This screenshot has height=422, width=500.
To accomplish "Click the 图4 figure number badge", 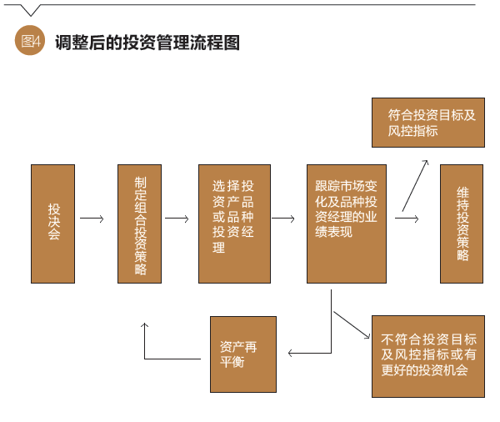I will tap(29, 42).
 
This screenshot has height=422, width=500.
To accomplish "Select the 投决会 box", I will tap(52, 224).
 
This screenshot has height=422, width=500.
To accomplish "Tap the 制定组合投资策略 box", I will tap(139, 224).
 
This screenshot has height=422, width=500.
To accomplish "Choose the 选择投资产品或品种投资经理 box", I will tap(234, 224).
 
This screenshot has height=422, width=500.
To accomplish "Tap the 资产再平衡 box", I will tap(242, 353).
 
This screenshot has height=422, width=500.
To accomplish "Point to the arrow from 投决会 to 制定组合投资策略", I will tap(92, 219).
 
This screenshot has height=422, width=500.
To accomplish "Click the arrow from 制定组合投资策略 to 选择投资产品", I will tap(177, 219).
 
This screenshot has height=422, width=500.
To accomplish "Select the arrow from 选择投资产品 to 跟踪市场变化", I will tap(283, 219).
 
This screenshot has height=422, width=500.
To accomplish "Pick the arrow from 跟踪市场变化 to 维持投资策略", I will tap(406, 219).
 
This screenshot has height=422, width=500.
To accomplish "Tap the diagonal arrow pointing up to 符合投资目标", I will tap(414, 184).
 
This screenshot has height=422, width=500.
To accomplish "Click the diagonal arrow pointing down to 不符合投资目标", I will tap(351, 324).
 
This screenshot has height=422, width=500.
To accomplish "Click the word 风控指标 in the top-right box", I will tap(413, 131).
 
